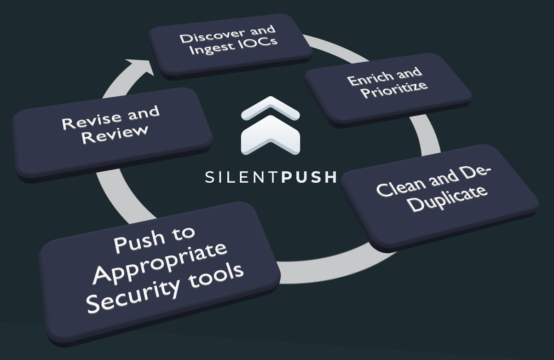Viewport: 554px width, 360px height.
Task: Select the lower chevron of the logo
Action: (270, 135)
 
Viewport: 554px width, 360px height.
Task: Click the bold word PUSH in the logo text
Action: (309, 177)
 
